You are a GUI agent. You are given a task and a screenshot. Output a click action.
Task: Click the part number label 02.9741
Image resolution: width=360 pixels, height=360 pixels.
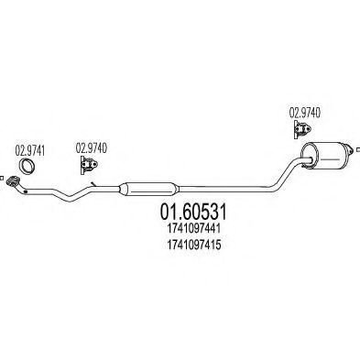pyautogui.click(x=32, y=146)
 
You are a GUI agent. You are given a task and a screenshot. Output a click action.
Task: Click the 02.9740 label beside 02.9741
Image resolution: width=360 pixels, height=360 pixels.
pyautogui.click(x=90, y=146)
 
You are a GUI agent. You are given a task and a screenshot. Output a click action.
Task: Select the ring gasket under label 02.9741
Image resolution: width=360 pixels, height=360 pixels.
pyautogui.click(x=31, y=167)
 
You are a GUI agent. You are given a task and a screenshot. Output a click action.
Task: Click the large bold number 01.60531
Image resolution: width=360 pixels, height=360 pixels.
pyautogui.click(x=188, y=213)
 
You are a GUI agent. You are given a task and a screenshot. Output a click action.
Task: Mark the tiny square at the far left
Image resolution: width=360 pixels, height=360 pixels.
pyautogui.click(x=4, y=179)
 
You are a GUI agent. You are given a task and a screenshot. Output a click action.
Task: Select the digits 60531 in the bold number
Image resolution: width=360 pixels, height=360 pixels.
pyautogui.click(x=200, y=213)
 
